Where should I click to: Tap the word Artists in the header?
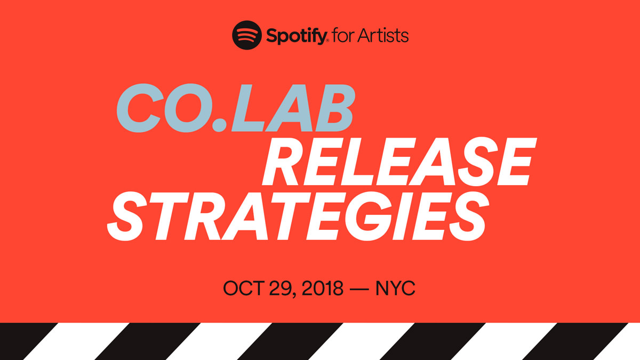(x=385, y=36)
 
